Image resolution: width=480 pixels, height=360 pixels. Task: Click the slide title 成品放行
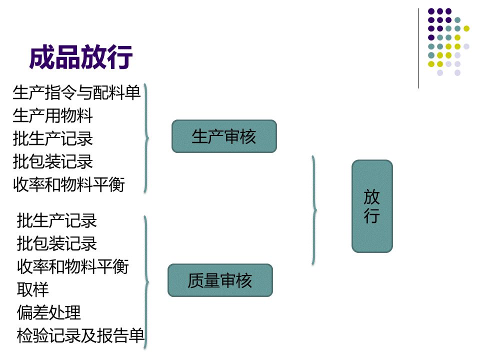coord(81,57)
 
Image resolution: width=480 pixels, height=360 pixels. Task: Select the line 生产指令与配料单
coord(76,92)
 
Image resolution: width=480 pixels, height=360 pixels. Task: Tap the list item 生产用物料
coord(52,116)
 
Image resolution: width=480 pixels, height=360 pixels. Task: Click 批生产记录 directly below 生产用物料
coord(52,139)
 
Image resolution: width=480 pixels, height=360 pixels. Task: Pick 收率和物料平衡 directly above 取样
coord(72,266)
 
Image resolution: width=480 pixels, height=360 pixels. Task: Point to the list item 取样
coord(32,289)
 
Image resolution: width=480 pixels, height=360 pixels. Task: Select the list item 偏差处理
coord(48,312)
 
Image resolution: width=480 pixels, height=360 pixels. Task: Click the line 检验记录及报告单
coord(80,335)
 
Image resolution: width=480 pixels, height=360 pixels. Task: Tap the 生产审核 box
coord(224,136)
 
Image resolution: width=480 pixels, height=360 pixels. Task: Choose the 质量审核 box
coord(220,280)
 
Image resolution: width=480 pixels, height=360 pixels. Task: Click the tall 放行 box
coord(372,206)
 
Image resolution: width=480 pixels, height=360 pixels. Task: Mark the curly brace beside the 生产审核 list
coord(146,138)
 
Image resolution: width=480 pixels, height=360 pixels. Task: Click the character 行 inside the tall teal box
coord(372,216)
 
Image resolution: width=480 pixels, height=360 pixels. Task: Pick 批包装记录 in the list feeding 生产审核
coord(52,162)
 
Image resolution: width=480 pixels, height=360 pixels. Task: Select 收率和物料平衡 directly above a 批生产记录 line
coord(68,185)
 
